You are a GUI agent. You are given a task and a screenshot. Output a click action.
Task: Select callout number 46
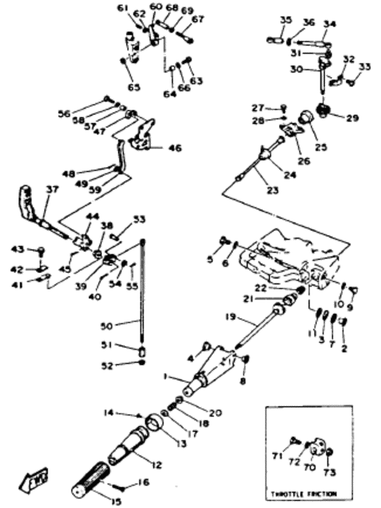176,146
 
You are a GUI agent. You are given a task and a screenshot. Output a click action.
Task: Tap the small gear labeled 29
325,113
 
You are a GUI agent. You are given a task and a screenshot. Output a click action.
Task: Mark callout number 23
273,191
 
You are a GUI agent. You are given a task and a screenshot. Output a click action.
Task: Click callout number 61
122,8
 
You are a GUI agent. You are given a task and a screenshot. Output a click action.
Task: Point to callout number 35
285,20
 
